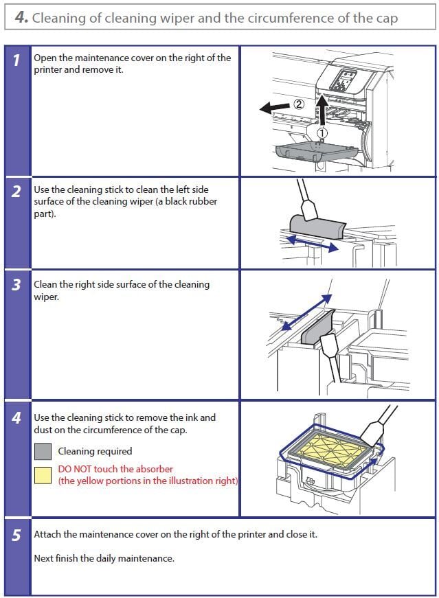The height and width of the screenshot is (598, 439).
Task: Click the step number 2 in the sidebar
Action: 16,191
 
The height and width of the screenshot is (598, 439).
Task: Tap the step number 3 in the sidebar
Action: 16,285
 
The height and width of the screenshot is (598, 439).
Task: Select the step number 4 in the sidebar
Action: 16,417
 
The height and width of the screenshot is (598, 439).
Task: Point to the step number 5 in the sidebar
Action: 16,536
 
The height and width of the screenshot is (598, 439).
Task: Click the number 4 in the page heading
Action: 20,18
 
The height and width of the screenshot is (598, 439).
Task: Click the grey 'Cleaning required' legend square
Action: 43,451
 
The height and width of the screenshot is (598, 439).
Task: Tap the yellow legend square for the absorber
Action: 43,475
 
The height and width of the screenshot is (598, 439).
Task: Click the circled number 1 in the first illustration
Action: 324,133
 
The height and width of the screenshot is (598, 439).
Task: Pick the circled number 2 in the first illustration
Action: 298,104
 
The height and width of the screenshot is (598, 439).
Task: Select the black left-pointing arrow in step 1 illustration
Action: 275,107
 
